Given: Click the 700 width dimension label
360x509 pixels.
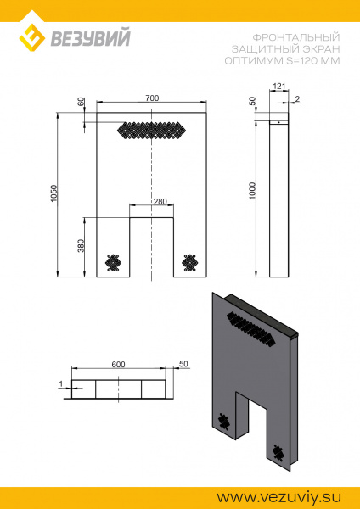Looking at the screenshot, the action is (x=152, y=98).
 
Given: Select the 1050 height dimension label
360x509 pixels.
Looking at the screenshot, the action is (x=54, y=193).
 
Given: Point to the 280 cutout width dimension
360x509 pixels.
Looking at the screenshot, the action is (x=160, y=202).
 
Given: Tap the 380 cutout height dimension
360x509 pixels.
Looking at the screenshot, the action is (x=81, y=246).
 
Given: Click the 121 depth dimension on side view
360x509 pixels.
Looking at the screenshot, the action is (x=278, y=87).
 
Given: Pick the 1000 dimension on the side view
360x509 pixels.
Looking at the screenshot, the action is (x=253, y=191).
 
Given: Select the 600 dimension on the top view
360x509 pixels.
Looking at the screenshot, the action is (x=118, y=365).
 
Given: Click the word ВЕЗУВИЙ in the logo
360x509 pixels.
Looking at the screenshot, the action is (x=90, y=37).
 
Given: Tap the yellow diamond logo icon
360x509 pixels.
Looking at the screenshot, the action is (x=32, y=37).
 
